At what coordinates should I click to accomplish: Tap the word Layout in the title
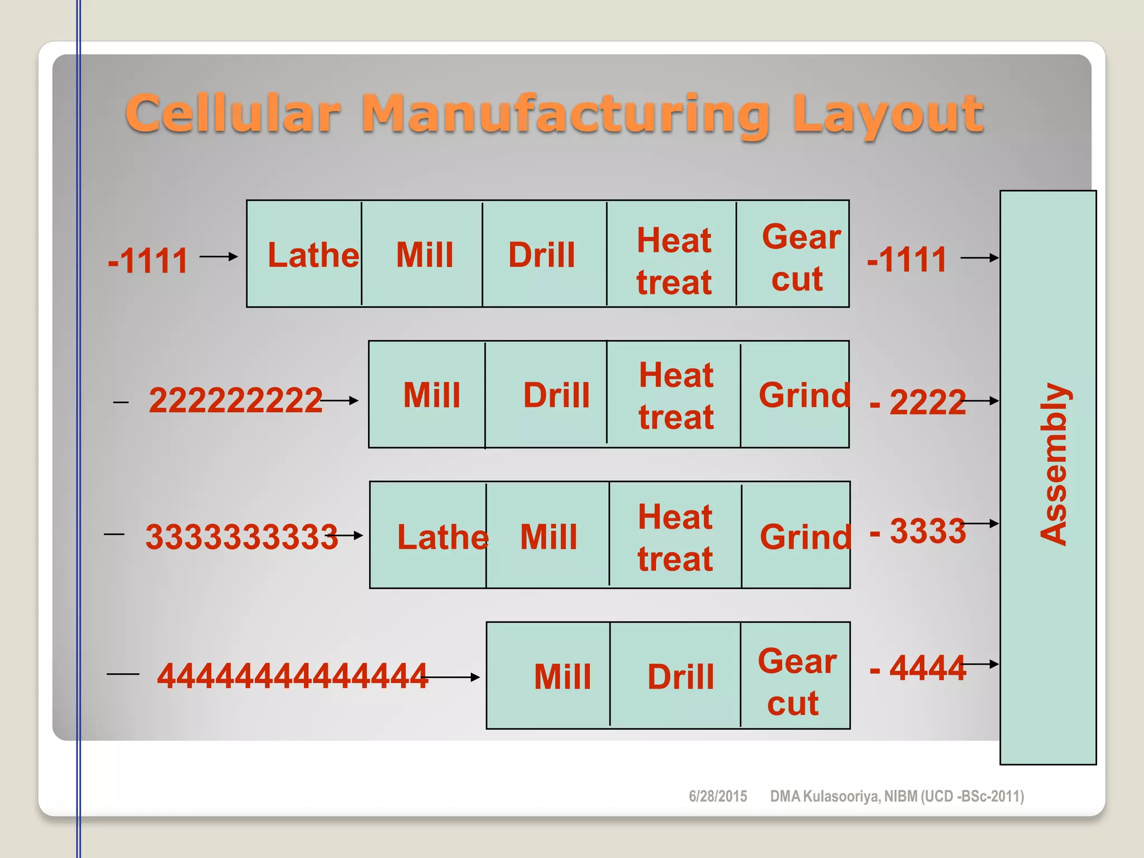(x=888, y=115)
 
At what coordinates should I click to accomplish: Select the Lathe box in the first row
(x=305, y=255)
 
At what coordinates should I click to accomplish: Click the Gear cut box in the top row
(x=794, y=255)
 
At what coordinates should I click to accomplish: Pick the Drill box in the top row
(x=542, y=255)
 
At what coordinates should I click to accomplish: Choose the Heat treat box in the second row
(x=675, y=395)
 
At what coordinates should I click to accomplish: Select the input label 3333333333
(x=241, y=537)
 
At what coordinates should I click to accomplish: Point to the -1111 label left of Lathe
(x=148, y=260)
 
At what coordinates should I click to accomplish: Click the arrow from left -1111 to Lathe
(x=218, y=256)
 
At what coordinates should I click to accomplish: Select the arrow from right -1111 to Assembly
(x=979, y=258)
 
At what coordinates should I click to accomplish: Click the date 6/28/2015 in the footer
(x=718, y=796)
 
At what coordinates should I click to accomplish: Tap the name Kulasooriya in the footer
(x=841, y=796)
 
